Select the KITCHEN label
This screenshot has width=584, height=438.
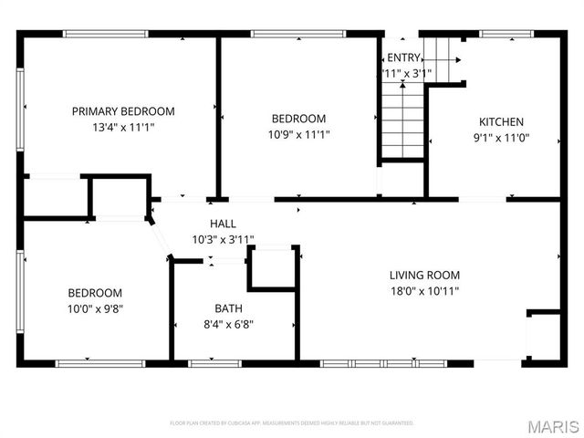click(x=502, y=121)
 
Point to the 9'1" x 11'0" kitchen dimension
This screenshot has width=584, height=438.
click(x=502, y=138)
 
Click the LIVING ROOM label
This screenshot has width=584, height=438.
click(x=424, y=275)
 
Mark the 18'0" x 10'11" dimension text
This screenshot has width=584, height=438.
click(x=424, y=291)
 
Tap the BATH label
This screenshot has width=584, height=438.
click(x=229, y=308)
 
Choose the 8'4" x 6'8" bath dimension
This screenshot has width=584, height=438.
click(x=229, y=323)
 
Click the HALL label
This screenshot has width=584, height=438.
click(x=223, y=224)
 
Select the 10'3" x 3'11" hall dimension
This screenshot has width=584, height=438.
click(x=223, y=239)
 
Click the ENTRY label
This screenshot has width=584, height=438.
click(x=404, y=57)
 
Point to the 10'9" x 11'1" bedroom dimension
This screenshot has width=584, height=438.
click(x=298, y=134)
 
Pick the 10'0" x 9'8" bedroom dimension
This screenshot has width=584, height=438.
click(x=95, y=308)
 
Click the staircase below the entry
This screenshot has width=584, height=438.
click(x=402, y=119)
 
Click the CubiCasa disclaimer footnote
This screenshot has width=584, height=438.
click(x=292, y=423)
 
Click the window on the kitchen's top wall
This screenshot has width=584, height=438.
click(x=506, y=35)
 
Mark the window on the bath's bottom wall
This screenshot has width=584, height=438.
click(x=214, y=363)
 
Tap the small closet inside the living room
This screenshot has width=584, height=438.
click(x=544, y=335)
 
